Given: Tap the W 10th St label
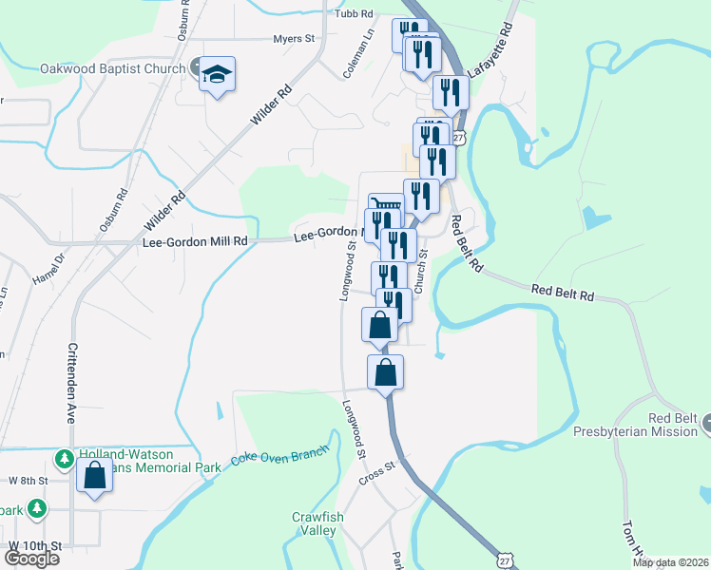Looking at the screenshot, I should tap(34, 546).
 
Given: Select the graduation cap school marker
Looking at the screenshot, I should tap(217, 74).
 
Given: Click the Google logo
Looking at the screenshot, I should tap(31, 558).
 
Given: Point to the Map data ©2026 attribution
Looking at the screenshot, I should tap(671, 562).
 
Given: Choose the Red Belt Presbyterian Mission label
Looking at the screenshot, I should tap(647, 425).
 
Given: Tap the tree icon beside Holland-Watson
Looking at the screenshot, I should tap(65, 460).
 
